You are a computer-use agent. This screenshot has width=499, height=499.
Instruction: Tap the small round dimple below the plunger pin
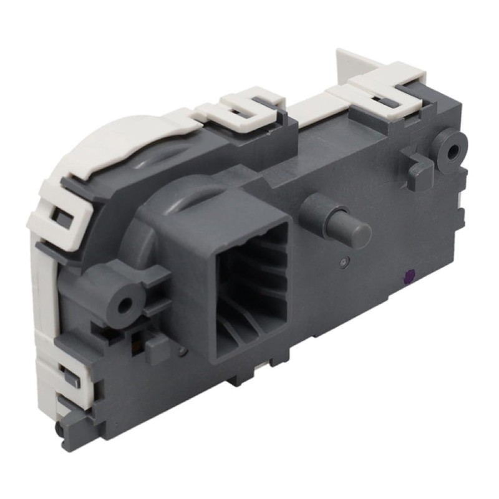click(x=342, y=262)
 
